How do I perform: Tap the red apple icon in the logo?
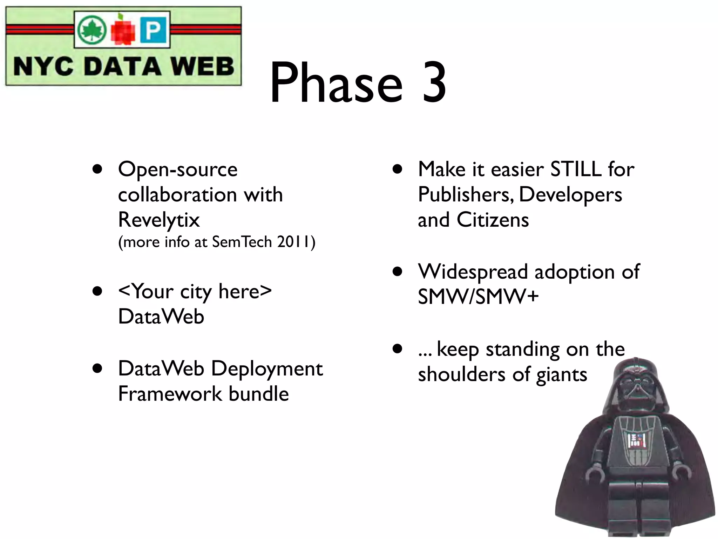tap(123, 30)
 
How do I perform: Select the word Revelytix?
tap(159, 220)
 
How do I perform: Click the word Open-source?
tap(178, 170)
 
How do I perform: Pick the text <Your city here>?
tap(195, 291)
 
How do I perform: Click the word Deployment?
tap(267, 369)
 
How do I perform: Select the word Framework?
tap(170, 394)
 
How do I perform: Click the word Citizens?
tap(493, 220)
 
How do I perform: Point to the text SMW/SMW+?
tap(478, 297)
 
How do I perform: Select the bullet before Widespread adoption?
tap(397, 272)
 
